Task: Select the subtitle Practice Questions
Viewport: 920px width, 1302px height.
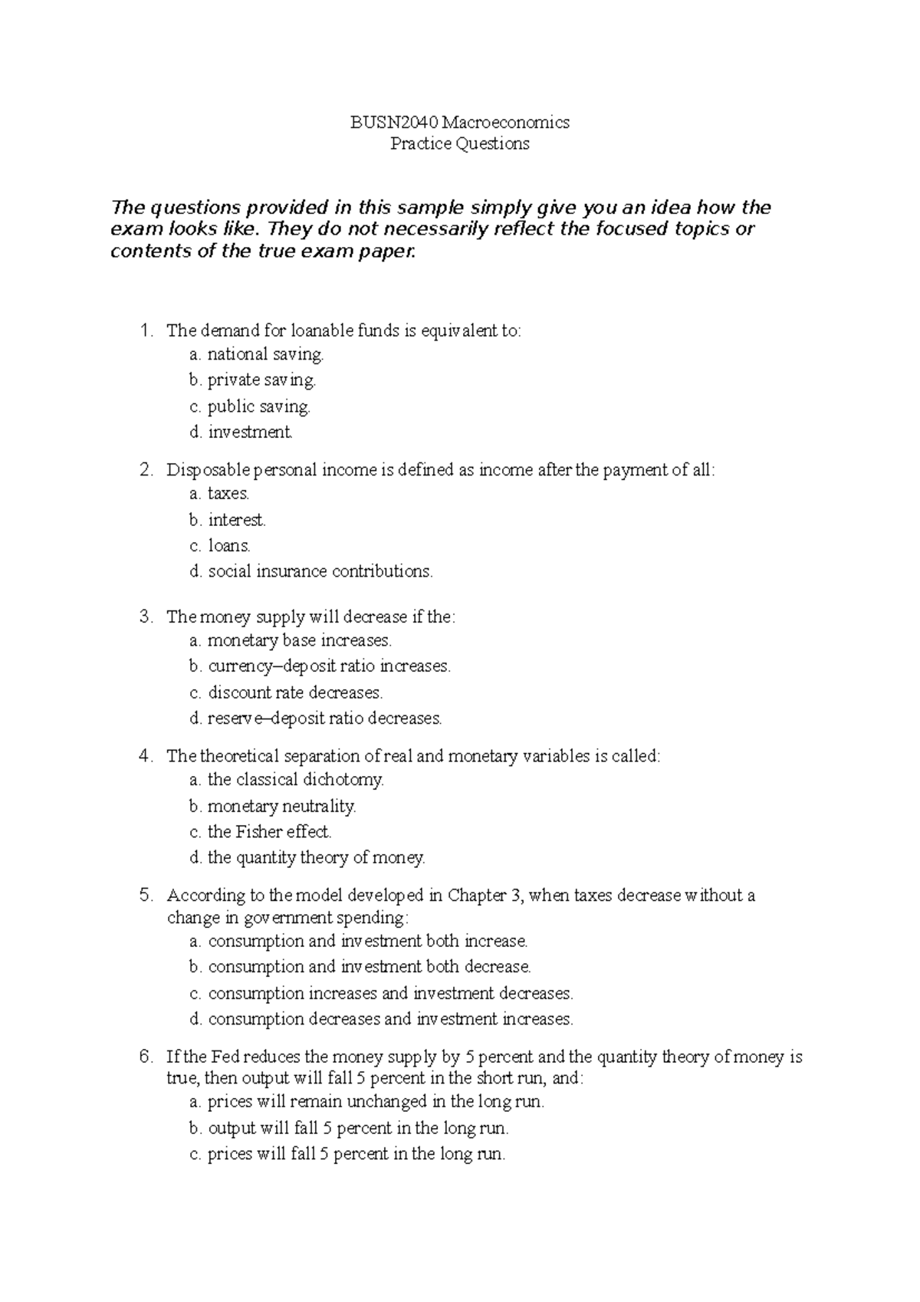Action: tap(459, 143)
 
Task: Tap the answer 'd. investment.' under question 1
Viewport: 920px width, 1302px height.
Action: tap(241, 432)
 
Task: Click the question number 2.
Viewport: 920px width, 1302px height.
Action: tap(146, 470)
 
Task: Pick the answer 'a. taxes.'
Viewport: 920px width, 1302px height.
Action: tap(219, 494)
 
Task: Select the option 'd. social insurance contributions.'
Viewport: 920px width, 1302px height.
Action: tap(310, 571)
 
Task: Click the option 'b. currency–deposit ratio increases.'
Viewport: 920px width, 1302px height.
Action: tap(320, 666)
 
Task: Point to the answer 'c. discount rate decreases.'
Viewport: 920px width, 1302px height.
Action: tap(285, 692)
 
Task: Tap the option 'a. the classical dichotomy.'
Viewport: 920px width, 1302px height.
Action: tap(286, 780)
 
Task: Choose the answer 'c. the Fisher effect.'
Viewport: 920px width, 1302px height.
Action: tap(260, 831)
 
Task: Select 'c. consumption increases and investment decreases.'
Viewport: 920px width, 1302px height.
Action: tap(381, 993)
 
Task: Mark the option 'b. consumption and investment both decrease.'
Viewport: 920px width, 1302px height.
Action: tap(360, 966)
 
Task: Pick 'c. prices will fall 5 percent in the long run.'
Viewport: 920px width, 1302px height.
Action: tap(347, 1154)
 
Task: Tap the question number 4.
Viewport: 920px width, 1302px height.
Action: tap(146, 756)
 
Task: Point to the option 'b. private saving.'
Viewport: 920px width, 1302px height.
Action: tap(252, 380)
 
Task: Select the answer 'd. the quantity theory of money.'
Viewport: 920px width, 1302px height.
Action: tap(307, 857)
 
